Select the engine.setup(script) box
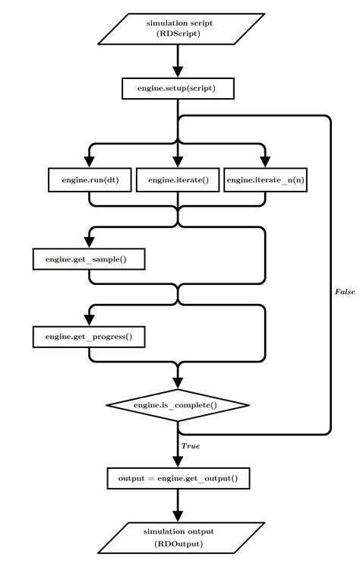pyautogui.click(x=178, y=88)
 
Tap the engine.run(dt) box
pyautogui.click(x=89, y=179)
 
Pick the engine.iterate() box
pyautogui.click(x=178, y=179)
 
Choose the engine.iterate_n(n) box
pyautogui.click(x=267, y=179)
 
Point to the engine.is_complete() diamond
pyautogui.click(x=178, y=405)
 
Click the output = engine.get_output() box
pyautogui.click(x=178, y=478)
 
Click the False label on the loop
pyautogui.click(x=345, y=292)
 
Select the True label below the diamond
pyautogui.click(x=191, y=445)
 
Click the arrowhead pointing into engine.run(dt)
pyautogui.click(x=89, y=160)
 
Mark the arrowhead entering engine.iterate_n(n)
pyautogui.click(x=267, y=160)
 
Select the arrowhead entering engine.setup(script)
pyautogui.click(x=178, y=70)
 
